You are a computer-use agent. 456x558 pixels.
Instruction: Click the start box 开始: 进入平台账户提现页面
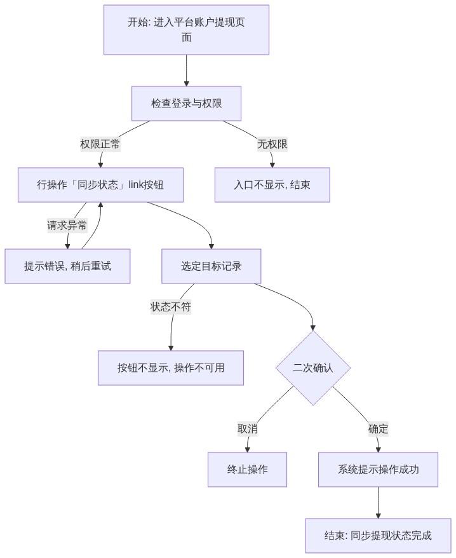tap(186, 30)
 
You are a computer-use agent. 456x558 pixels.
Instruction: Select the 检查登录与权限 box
tap(186, 104)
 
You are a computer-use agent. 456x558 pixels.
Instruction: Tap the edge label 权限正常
tap(100, 144)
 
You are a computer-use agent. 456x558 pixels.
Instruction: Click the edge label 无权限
tap(272, 144)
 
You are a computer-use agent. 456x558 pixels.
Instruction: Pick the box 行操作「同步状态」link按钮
tap(100, 185)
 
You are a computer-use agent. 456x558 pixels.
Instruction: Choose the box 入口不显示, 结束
tap(272, 185)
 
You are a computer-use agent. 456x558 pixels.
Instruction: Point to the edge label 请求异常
tap(67, 225)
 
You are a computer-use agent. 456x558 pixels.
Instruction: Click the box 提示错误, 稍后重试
tap(67, 266)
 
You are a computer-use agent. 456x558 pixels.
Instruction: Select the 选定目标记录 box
tap(211, 266)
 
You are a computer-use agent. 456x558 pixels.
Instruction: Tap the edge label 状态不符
tap(171, 307)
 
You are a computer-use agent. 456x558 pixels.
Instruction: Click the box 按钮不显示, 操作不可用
tap(171, 367)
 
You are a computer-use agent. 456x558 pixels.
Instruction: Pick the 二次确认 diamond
tap(313, 368)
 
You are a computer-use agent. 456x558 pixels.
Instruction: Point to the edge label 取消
tap(248, 429)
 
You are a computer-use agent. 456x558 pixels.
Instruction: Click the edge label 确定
tap(378, 429)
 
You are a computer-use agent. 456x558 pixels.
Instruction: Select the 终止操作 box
tap(247, 470)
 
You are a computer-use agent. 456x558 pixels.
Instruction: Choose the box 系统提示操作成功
tap(378, 470)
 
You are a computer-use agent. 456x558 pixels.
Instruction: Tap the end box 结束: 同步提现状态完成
tap(378, 536)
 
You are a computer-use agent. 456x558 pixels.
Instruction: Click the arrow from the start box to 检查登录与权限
tap(186, 71)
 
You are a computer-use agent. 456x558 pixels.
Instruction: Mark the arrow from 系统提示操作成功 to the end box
tap(378, 503)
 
